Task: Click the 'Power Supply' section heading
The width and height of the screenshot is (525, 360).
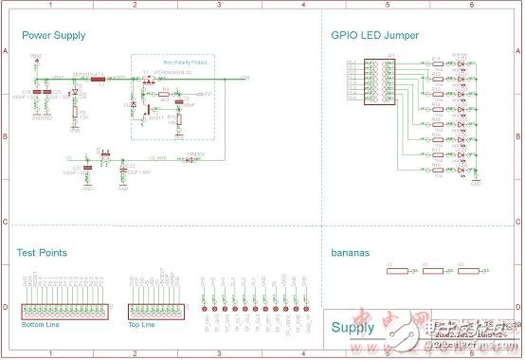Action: tap(53, 36)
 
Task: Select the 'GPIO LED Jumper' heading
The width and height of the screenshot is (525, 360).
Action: tap(375, 36)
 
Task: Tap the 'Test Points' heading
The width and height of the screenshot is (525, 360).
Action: tap(42, 252)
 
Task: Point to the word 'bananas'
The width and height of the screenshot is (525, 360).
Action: tap(350, 254)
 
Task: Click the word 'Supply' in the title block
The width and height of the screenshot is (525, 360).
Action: tap(353, 328)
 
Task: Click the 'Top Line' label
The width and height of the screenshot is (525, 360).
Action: tap(141, 325)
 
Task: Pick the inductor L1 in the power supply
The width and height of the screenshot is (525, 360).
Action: tap(99, 79)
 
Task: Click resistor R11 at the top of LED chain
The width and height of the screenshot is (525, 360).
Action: tap(437, 63)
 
